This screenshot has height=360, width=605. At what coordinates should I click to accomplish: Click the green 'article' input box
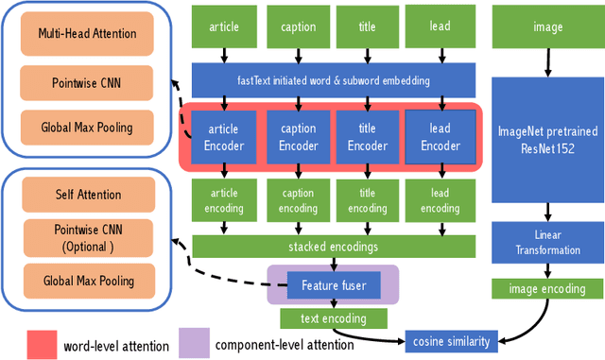coord(223,27)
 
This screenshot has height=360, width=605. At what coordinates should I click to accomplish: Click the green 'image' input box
coord(547,27)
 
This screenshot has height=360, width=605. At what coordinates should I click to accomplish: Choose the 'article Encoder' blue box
coord(223,138)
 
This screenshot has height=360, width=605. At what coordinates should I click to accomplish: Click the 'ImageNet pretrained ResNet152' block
coord(547,139)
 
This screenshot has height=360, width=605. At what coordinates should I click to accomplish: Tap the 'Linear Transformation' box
coord(547,243)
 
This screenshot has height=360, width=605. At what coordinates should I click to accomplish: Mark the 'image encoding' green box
coord(547,289)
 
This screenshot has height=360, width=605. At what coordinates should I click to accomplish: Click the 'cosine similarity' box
coord(450,338)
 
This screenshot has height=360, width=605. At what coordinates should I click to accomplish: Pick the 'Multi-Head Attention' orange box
coord(87,33)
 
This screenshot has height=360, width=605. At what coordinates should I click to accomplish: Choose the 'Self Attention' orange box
coord(87,195)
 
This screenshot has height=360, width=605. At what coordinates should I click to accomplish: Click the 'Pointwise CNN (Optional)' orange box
coord(87,237)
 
